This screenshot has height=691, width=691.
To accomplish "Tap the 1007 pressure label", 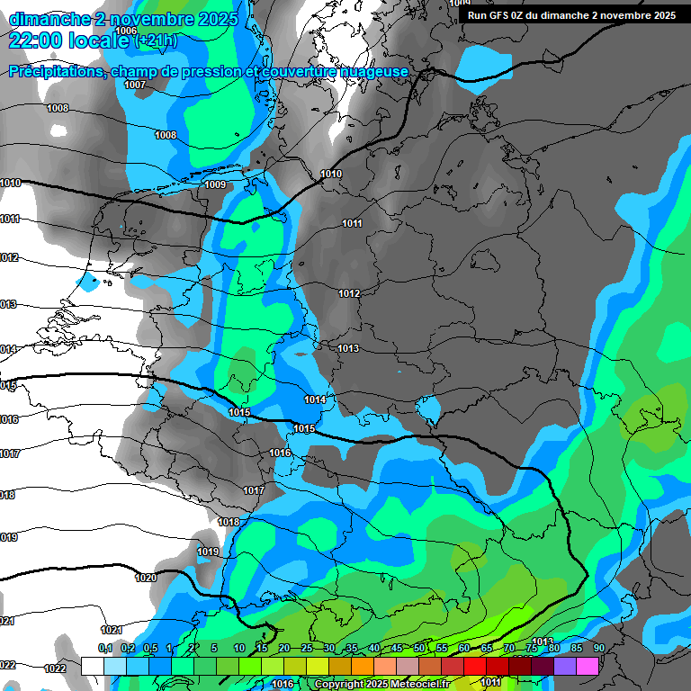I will [135, 85].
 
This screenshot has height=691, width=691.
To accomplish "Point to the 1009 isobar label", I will [215, 184].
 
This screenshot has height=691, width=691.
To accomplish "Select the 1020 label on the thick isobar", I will [145, 578].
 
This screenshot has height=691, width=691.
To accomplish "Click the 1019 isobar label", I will [208, 552].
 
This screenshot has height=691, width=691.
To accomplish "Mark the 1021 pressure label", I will [112, 630].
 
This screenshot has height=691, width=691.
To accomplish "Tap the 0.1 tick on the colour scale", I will [104, 649].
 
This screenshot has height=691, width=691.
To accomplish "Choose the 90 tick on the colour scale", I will [598, 649].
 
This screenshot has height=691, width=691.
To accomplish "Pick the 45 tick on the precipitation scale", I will [397, 649].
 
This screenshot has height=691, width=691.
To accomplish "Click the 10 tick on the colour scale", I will [239, 649].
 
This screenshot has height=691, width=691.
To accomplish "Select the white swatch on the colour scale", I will [93, 666].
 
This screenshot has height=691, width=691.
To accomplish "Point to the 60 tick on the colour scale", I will [464, 649].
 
